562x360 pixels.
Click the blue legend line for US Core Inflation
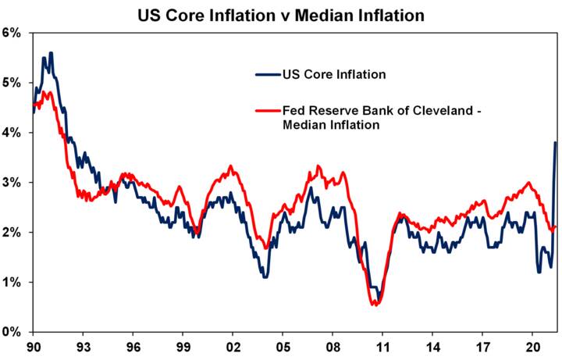tap(268, 75)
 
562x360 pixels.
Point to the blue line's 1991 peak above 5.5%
tap(51, 53)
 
